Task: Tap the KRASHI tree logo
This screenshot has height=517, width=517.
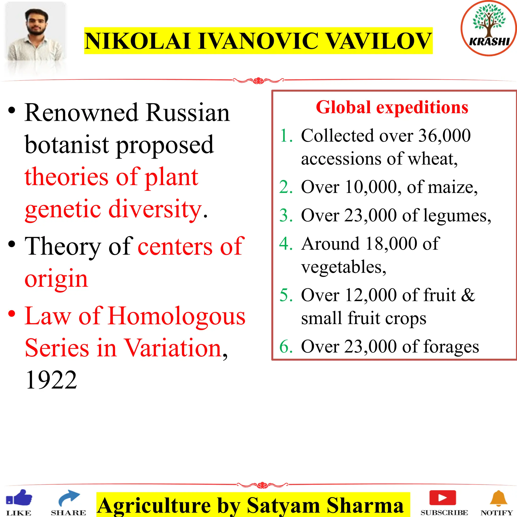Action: pos(489,28)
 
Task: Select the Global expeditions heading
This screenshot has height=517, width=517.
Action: pos(392,108)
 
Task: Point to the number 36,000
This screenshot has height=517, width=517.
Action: pos(444,136)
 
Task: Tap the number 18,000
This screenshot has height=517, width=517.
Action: pos(391,244)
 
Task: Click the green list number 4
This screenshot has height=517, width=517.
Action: pos(286,244)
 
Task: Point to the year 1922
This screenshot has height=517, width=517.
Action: pos(51,380)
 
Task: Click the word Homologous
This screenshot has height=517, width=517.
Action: pos(177,316)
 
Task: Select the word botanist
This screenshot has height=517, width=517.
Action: pos(67,145)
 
